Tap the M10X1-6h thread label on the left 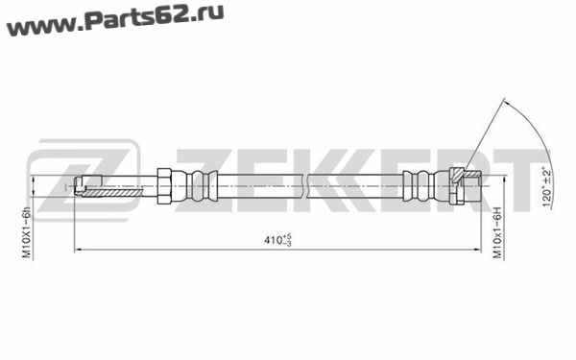(27, 232)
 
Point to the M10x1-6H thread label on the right (496, 232)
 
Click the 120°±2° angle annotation (546, 186)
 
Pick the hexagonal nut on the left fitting (164, 186)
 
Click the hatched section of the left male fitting (112, 193)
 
